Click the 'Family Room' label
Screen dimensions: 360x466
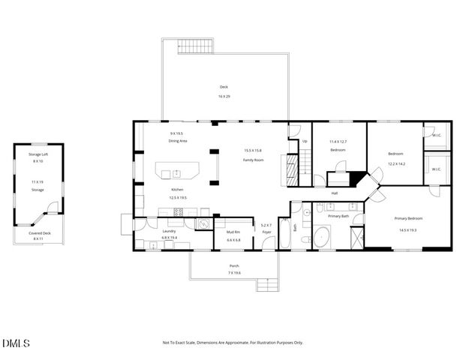[x=253, y=160]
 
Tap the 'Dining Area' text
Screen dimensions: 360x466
[x=177, y=141]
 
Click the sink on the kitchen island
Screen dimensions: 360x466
[x=177, y=173]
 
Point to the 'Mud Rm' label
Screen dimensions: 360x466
[x=233, y=232]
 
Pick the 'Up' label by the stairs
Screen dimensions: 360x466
[x=305, y=141]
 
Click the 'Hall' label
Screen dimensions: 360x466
[x=334, y=193]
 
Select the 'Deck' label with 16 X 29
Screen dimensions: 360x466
[x=224, y=87]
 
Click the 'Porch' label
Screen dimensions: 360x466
[x=234, y=265]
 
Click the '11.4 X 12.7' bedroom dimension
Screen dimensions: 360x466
[x=338, y=141]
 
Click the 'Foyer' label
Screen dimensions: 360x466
[x=266, y=232]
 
